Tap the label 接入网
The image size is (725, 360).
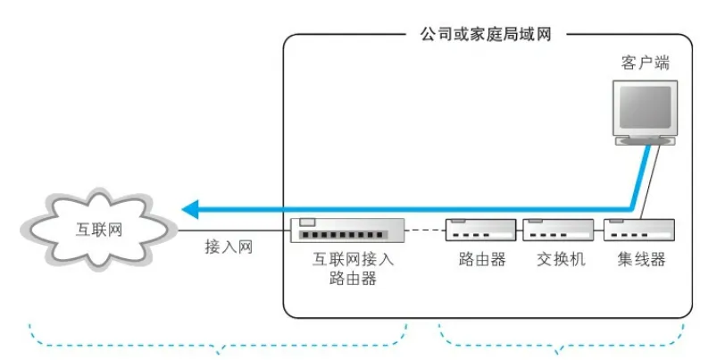229,247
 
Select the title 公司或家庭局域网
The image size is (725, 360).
486,34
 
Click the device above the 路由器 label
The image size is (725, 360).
480,230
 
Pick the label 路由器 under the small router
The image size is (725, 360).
480,260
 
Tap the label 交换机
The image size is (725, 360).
561,260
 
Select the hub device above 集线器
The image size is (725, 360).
639,230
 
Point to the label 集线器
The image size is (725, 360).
641,260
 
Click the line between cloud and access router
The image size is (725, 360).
232,231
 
